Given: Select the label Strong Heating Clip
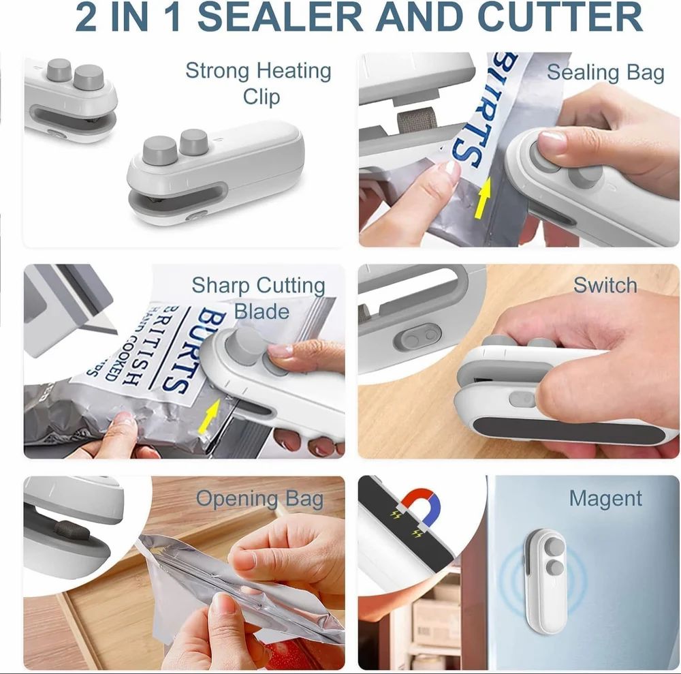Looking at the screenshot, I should (259, 83).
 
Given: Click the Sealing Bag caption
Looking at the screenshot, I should (605, 72).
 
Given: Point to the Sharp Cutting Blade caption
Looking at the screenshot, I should (259, 297).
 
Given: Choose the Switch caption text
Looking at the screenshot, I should (605, 285).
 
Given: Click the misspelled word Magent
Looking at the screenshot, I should (605, 499).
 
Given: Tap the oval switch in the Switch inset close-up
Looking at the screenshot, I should (417, 337).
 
